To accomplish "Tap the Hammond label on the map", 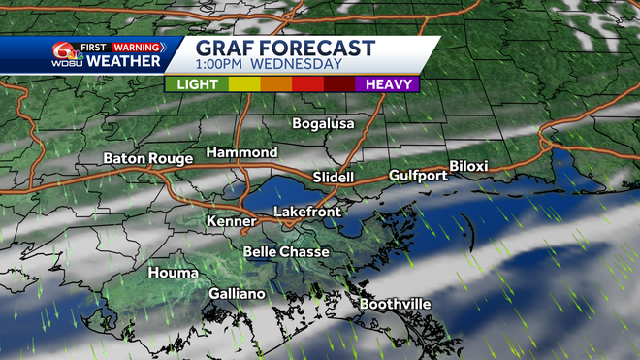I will (241, 153).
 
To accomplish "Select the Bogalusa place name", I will (324, 123).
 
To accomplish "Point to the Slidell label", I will (334, 178).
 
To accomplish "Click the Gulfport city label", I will (418, 176).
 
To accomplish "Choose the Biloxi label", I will (468, 166).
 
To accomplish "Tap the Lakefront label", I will (306, 211).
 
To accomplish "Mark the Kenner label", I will (231, 222).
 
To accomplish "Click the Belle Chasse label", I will (286, 252).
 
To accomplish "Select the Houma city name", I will (173, 273).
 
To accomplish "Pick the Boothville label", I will (395, 305).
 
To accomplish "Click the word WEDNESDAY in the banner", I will (299, 65).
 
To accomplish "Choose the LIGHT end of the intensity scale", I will (196, 84).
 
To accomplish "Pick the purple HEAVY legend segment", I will (387, 84).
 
